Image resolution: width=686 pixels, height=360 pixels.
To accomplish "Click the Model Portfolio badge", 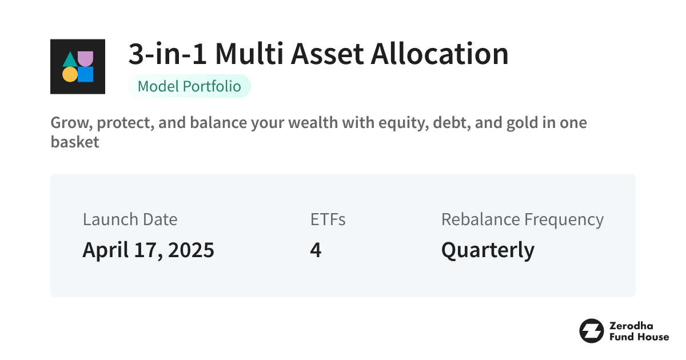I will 189,86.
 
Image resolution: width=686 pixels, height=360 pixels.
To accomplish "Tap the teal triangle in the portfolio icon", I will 70,60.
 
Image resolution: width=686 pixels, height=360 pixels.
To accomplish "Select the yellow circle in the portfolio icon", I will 70,74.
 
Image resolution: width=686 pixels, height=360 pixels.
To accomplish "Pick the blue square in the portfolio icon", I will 85,74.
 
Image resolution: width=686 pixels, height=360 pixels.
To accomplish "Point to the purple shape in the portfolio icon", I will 85,58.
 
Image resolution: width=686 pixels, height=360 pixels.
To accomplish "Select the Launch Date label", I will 130,219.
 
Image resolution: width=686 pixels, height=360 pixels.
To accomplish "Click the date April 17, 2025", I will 148,250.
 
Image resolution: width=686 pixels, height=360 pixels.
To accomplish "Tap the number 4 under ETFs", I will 315,250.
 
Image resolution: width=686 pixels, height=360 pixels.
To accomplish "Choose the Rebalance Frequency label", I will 522,219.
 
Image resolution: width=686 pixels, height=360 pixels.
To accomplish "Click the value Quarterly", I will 488,250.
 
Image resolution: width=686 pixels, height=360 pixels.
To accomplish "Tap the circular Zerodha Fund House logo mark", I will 591,331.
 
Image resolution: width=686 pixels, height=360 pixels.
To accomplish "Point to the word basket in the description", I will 75,142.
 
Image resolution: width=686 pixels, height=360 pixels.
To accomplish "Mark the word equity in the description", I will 408,123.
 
